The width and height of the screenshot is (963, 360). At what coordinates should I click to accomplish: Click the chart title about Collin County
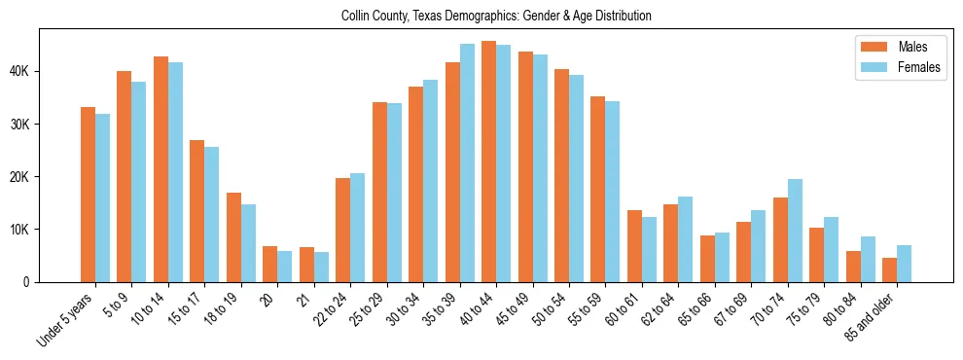coord(496,17)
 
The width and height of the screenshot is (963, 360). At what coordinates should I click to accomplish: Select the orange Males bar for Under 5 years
coord(88,195)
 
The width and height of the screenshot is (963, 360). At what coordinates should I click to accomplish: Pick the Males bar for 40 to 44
coord(488,162)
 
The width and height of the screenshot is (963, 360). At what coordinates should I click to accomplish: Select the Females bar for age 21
coord(321,267)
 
